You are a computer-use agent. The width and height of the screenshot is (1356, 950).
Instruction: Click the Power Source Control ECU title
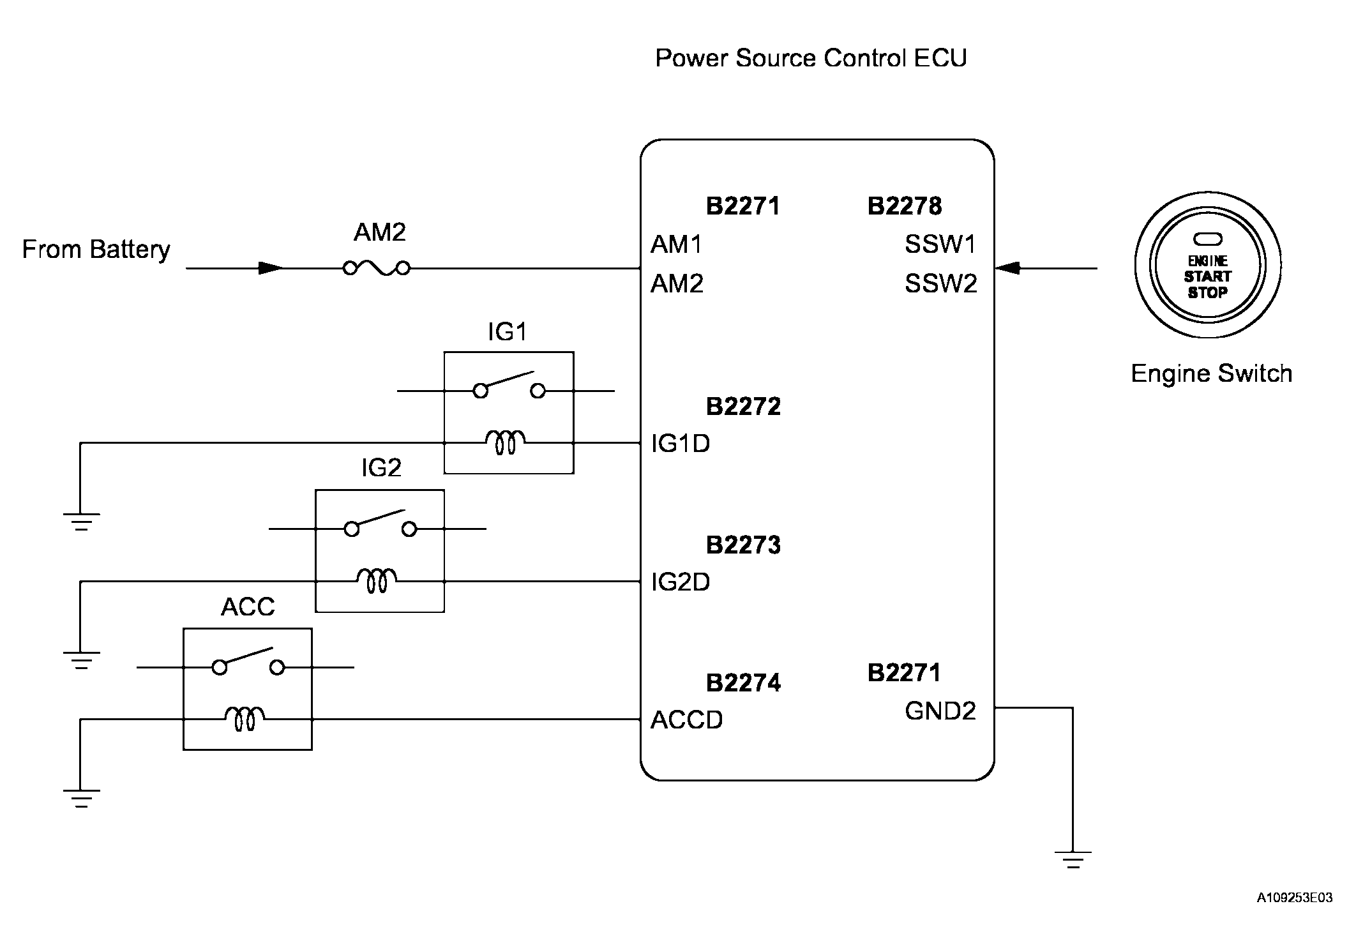811,58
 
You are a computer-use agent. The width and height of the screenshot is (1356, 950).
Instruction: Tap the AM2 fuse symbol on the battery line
377,268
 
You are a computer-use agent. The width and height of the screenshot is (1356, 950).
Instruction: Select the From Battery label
96,249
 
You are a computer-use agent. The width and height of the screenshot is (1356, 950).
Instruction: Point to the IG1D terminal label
680,443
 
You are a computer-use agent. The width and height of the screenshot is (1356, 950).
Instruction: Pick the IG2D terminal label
680,582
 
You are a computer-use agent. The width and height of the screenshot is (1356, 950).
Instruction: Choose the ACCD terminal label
686,720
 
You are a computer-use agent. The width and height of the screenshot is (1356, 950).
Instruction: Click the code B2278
904,206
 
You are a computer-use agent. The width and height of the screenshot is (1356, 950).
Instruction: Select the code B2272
743,406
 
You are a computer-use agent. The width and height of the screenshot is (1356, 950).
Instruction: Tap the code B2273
743,545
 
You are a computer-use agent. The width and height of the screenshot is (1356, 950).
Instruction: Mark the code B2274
743,682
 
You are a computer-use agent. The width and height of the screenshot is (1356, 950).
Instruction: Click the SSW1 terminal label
940,244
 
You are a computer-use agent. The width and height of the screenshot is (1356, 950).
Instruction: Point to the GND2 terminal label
940,711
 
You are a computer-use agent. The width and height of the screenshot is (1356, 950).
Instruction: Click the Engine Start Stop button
1207,265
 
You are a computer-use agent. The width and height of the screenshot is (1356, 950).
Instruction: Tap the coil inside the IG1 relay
506,442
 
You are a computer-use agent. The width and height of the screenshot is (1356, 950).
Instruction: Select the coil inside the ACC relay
245,718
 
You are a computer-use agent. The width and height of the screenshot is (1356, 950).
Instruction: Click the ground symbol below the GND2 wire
1073,859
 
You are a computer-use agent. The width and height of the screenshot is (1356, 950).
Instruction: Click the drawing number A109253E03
1295,898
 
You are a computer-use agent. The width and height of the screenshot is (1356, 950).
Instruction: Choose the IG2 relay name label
381,468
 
